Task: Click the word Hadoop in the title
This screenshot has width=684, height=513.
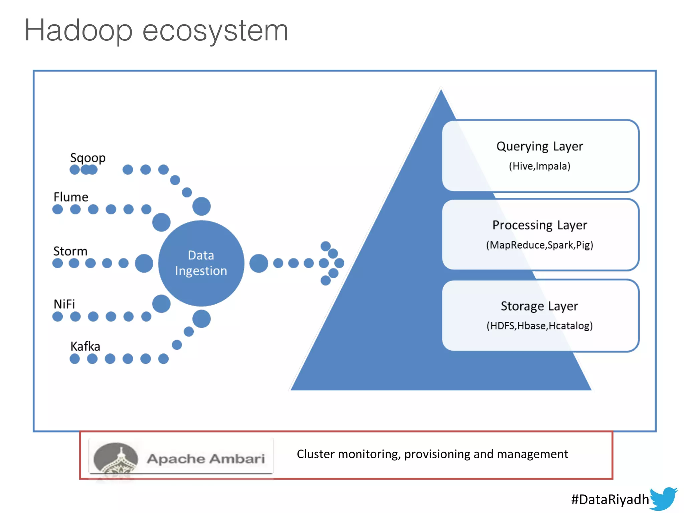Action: [78, 31]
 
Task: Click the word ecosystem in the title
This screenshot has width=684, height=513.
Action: [215, 31]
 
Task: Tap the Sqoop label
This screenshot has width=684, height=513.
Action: [88, 158]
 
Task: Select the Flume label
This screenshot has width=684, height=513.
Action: [71, 197]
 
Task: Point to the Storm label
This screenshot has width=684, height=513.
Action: [70, 251]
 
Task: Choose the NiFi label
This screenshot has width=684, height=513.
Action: [64, 304]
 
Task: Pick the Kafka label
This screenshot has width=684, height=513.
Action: [85, 346]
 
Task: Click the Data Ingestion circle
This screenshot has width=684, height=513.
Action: [201, 263]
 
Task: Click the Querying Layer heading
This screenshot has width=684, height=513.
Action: [539, 147]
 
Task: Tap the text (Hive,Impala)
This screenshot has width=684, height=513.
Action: [539, 166]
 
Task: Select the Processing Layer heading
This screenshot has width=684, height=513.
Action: [539, 225]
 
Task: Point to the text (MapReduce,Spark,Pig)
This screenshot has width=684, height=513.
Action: [539, 245]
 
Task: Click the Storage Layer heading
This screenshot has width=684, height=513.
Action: [539, 306]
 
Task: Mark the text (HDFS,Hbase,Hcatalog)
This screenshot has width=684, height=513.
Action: [539, 326]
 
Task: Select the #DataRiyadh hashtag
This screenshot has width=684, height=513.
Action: [610, 499]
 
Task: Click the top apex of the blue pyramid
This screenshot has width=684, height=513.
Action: [441, 92]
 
